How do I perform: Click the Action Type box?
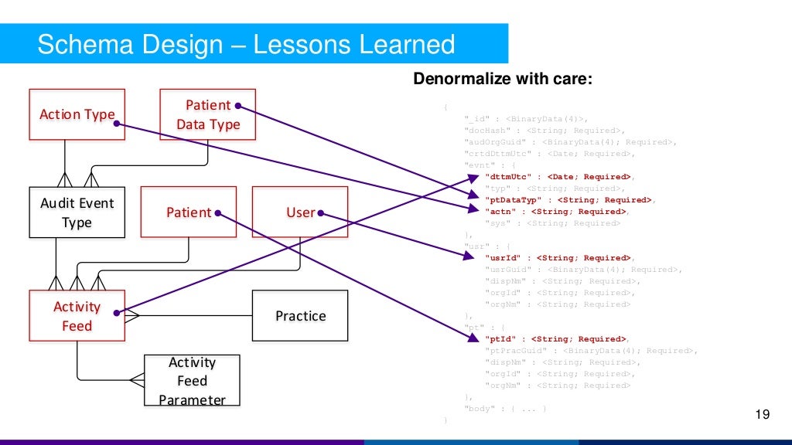pyautogui.click(x=77, y=114)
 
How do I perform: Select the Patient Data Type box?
pyautogui.click(x=207, y=114)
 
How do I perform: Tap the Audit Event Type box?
pyautogui.click(x=77, y=212)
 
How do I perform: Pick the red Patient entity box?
pyautogui.click(x=189, y=212)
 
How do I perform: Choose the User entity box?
pyautogui.click(x=300, y=212)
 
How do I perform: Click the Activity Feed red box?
pyautogui.click(x=77, y=316)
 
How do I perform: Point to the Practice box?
pyautogui.click(x=300, y=316)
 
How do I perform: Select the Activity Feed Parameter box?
pyautogui.click(x=192, y=381)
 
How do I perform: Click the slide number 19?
pyautogui.click(x=763, y=416)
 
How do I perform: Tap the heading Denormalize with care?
pyautogui.click(x=503, y=79)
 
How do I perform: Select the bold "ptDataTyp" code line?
pyautogui.click(x=568, y=200)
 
